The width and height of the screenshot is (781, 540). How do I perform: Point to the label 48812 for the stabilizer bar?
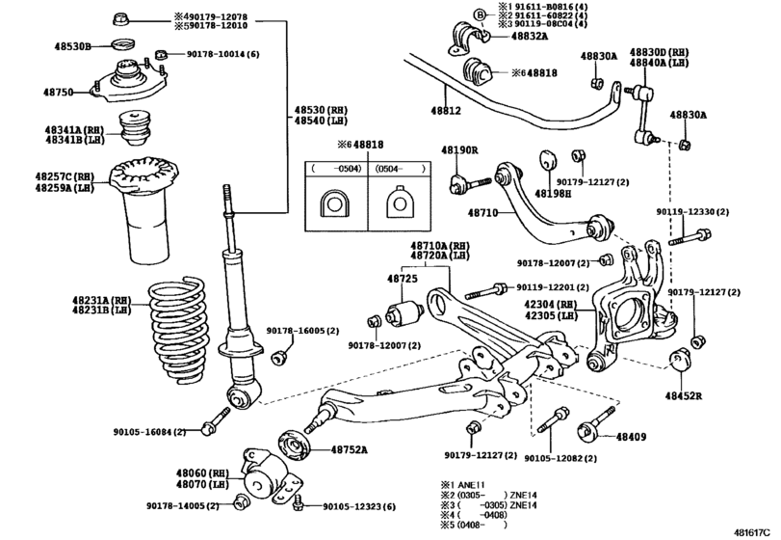(445, 111)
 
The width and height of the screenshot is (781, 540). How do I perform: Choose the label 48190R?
(460, 150)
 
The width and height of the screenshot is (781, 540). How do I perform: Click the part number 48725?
(402, 279)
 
